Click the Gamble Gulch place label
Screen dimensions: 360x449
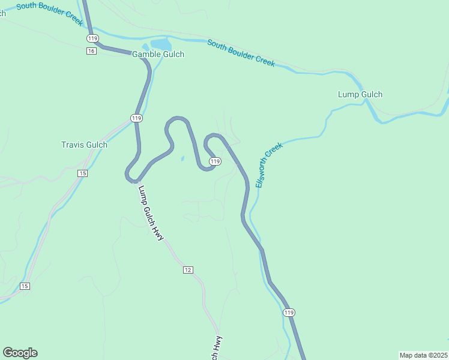click(x=158, y=55)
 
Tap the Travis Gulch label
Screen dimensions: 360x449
click(x=84, y=145)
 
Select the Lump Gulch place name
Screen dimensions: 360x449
click(x=360, y=94)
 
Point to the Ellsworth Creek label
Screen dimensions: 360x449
click(x=269, y=165)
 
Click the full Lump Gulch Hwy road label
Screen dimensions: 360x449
click(x=151, y=213)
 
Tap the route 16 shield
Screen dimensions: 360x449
click(x=91, y=51)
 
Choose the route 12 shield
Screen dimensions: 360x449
click(x=188, y=270)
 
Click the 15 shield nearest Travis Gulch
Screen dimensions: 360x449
click(x=82, y=173)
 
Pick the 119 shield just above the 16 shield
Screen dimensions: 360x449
click(x=92, y=38)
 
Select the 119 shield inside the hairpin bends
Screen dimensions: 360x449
click(x=215, y=161)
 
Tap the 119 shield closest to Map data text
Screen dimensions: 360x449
click(x=289, y=313)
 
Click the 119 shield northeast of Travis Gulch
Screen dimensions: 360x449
click(x=137, y=118)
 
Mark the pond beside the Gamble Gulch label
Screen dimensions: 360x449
click(x=160, y=44)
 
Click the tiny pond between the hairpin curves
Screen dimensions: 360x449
click(x=182, y=159)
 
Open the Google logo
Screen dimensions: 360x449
click(x=20, y=353)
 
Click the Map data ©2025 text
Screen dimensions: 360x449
click(x=424, y=355)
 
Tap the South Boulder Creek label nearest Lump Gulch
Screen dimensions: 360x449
click(x=241, y=53)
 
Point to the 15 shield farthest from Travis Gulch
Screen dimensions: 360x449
click(x=24, y=286)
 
